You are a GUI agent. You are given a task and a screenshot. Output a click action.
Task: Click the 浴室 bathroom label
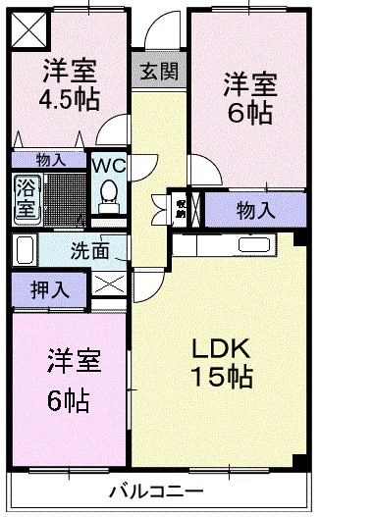[25, 196]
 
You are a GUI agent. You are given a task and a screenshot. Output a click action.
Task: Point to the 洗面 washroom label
[89, 250]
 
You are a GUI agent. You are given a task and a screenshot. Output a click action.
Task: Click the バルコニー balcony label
[155, 490]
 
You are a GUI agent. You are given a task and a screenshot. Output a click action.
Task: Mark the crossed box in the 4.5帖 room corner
[28, 29]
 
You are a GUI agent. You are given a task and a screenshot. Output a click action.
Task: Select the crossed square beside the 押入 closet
[109, 287]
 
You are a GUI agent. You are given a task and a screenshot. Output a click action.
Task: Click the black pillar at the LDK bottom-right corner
[301, 462]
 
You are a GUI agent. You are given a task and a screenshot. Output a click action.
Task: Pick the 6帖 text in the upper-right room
[250, 113]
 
